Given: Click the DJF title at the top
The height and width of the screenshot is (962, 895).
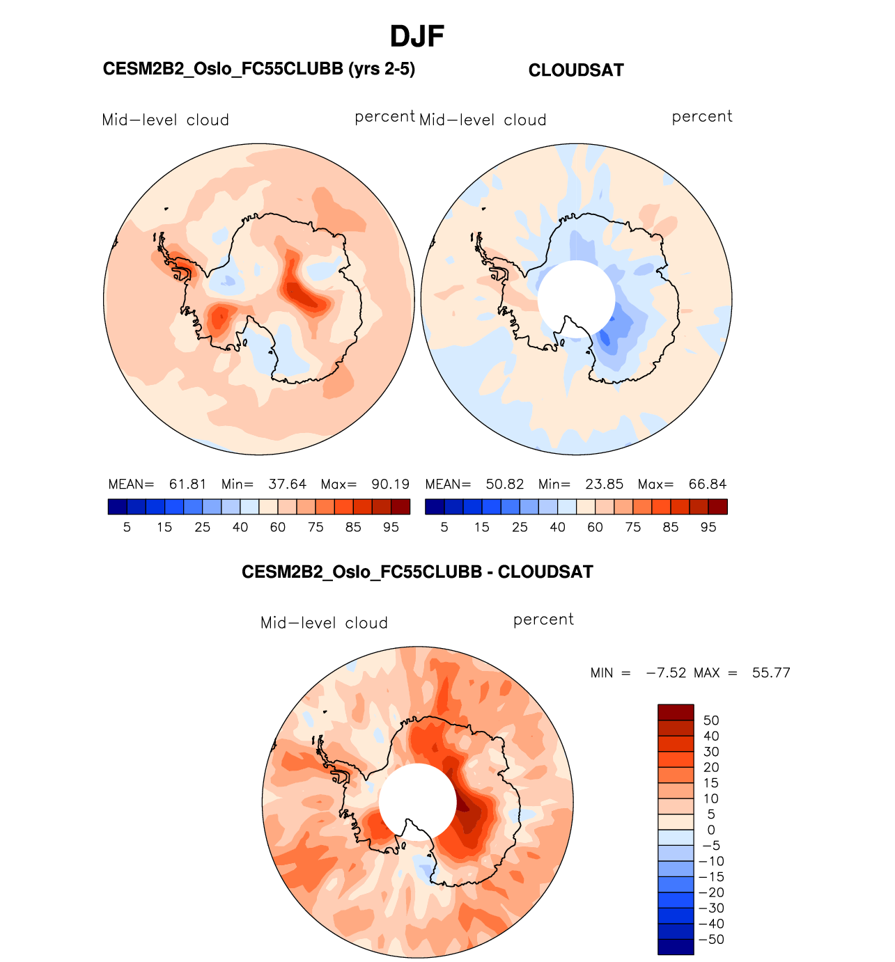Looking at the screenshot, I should [417, 36].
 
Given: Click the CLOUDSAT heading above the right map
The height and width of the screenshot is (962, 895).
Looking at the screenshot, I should [576, 70].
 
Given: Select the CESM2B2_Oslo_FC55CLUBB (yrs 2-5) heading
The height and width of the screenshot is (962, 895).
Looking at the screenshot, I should [258, 69].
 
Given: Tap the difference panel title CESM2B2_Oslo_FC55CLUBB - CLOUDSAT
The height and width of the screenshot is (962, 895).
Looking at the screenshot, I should [417, 572].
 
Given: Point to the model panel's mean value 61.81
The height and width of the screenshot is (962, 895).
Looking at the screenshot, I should [187, 484].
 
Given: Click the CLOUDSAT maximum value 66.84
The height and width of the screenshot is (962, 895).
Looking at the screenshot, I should [707, 484].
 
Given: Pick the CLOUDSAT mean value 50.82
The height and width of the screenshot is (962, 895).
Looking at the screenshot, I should [504, 484].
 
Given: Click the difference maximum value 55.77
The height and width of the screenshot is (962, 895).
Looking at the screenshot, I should [771, 673].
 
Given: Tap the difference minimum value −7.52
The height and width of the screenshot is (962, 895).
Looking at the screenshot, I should [666, 673].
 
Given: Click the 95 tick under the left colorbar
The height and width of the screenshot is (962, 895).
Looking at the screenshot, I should [391, 528].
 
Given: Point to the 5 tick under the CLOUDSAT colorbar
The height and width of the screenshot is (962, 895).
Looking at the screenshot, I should [444, 528].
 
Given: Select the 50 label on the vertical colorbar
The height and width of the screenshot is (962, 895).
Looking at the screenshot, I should [711, 720].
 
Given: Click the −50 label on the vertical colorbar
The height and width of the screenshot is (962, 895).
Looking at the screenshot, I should [711, 940].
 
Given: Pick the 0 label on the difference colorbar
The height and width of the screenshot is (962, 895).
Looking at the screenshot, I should [711, 830].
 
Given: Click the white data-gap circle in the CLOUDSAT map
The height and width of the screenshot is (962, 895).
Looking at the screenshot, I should [576, 298].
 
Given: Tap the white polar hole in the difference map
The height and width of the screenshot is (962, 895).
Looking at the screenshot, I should [417, 801].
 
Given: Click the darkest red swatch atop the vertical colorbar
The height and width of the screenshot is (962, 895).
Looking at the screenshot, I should [676, 712].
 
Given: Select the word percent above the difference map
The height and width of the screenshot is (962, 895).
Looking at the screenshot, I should [543, 620].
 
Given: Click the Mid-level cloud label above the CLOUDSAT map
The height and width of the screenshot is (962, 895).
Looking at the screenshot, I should [483, 120].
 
